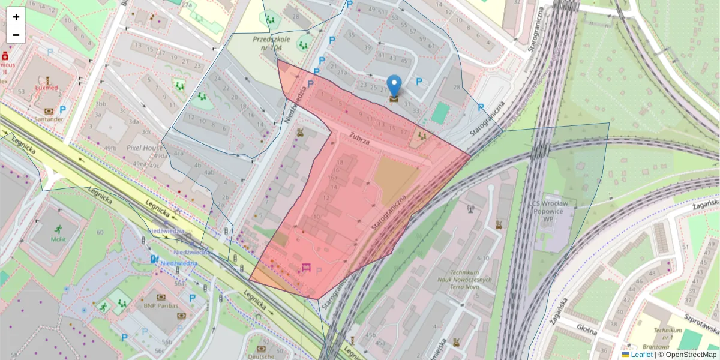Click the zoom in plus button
(x=16, y=17)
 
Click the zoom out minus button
(x=16, y=35)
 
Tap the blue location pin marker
(x=394, y=86)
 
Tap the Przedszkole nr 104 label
(x=271, y=44)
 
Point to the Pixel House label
(x=145, y=147)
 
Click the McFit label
(x=58, y=238)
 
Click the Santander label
(x=49, y=119)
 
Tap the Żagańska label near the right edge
(x=705, y=205)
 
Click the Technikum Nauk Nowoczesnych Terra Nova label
(x=464, y=280)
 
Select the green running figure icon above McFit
(x=58, y=229)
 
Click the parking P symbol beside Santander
(x=62, y=110)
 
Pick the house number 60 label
(x=99, y=232)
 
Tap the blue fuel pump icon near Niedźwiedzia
(x=155, y=259)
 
